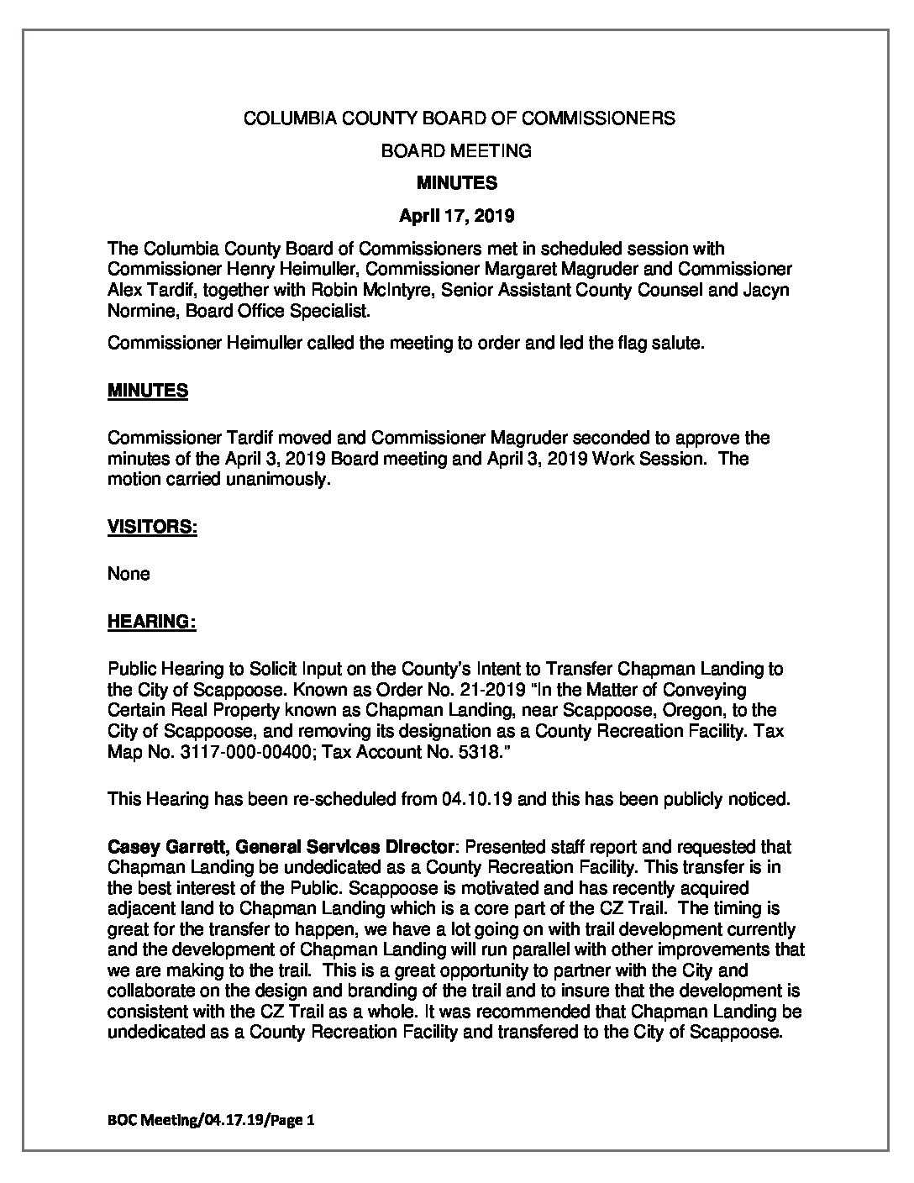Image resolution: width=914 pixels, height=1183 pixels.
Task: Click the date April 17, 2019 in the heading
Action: click(456, 216)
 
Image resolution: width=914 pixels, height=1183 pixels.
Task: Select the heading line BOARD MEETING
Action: click(456, 151)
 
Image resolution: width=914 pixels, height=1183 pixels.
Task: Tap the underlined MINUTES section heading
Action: click(148, 391)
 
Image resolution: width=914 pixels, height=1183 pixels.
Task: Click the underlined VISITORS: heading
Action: click(152, 527)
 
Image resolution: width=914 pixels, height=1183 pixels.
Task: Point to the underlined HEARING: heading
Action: click(151, 622)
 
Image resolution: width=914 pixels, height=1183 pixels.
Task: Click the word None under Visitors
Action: click(129, 574)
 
